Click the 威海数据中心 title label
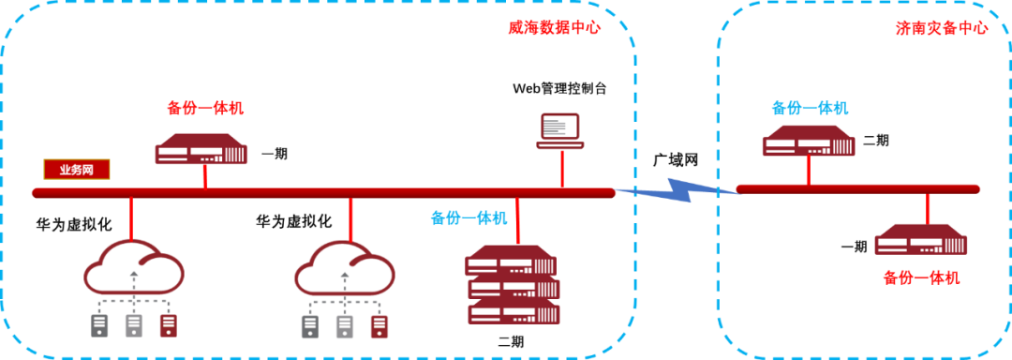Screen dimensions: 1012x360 coord(555,28)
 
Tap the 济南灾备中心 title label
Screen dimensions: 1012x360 coord(942,28)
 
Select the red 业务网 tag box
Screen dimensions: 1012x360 coord(77,171)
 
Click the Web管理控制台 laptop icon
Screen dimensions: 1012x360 coord(561,131)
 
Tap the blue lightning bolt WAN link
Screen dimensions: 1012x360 coord(677,191)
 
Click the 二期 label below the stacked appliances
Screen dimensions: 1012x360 coord(511,340)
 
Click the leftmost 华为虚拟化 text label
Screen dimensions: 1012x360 coord(74,224)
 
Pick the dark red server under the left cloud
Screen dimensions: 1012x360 coord(168,326)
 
